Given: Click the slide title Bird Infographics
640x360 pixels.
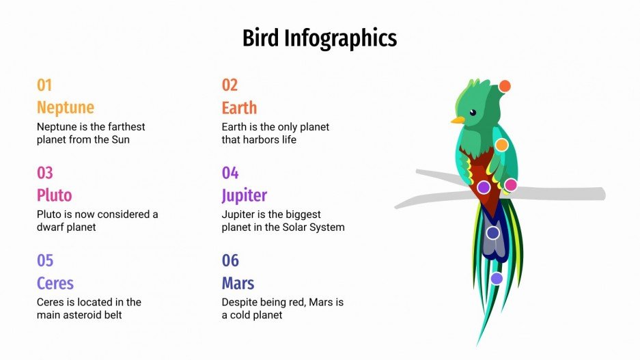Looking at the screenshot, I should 320,38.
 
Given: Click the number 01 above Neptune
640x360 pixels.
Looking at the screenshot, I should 44,85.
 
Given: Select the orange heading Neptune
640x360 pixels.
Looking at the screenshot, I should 66,107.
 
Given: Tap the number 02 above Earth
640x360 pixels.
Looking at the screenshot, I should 229,85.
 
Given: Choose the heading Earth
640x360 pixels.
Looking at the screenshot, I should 239,107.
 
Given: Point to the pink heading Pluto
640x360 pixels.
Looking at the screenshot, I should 54,195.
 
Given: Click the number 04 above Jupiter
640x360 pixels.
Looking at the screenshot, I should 230,173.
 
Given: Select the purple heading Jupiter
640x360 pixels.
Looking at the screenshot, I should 244,195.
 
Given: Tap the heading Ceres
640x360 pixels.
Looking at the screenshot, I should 55,283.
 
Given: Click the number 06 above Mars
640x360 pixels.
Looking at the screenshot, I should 230,260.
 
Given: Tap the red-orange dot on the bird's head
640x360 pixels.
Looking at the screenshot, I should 505,86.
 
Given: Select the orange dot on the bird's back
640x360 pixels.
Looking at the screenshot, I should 501,145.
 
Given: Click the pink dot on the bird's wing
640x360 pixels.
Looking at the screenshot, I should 510,185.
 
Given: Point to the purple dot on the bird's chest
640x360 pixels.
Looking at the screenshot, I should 484,187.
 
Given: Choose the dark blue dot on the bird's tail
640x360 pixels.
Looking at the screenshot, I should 493,233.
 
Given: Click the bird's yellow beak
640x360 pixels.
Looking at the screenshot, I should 457,120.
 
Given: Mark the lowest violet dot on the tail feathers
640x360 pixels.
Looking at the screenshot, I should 497,278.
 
